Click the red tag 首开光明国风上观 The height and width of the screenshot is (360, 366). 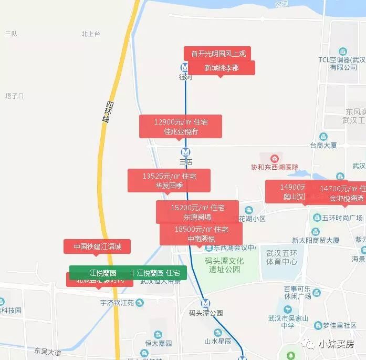[217, 53]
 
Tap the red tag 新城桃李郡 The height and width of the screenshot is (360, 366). [221, 68]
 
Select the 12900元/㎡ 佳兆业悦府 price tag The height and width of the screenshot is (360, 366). [181, 127]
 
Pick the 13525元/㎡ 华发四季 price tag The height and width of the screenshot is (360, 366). [169, 180]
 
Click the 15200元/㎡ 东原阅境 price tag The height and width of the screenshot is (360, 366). [197, 212]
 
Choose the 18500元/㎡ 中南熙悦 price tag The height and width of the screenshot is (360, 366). [201, 234]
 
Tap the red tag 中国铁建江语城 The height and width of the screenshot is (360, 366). [97, 246]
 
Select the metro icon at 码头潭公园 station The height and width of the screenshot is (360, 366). [205, 303]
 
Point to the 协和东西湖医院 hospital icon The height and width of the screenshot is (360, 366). [274, 158]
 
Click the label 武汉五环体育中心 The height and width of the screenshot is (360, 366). [282, 257]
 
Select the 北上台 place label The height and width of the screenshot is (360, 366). [91, 34]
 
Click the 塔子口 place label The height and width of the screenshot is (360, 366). [14, 96]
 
